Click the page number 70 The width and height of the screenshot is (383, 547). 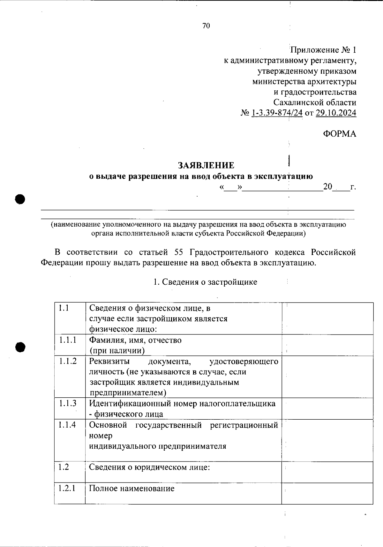point(206,26)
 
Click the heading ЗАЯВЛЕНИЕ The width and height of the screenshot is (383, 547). point(206,165)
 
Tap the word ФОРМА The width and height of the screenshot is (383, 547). point(339,134)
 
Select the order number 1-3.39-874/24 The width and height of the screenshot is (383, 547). point(277,113)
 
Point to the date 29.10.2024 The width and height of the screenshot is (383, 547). point(336,113)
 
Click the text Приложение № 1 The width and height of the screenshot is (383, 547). point(323,50)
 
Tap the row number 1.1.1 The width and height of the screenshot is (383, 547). point(68,340)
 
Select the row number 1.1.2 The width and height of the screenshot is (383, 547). point(68,361)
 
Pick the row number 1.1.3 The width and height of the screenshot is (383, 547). point(68,403)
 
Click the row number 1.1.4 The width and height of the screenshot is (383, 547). point(68,425)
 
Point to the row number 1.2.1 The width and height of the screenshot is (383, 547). point(67,488)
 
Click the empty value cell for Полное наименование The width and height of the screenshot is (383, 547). point(327,493)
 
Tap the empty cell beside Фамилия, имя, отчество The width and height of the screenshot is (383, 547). point(327,345)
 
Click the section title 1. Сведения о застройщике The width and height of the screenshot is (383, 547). point(205,282)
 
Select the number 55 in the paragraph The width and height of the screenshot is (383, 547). point(179,252)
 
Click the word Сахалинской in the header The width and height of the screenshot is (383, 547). point(298,103)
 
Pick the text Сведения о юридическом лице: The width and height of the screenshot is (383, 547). point(149,467)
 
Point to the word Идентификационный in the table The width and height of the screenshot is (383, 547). point(130,403)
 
